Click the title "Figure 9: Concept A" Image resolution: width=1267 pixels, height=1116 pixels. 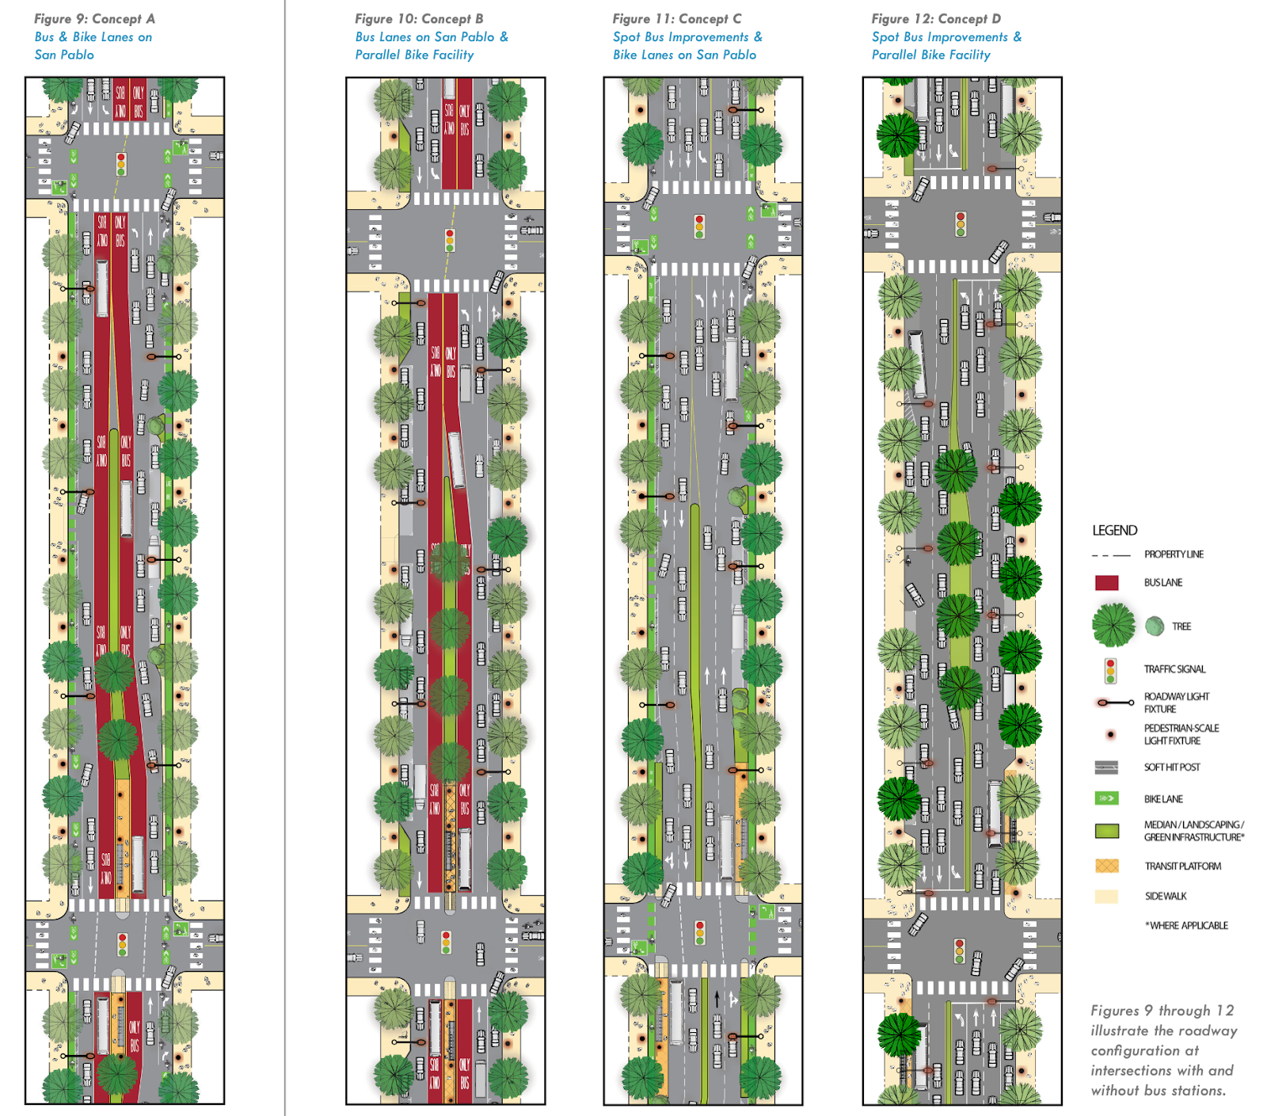94,18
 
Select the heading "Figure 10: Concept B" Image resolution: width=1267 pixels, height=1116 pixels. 418,18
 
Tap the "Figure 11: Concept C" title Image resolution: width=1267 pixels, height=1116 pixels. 676,18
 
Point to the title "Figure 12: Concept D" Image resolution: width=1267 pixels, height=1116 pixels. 935,18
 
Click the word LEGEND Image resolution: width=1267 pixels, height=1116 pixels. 1114,531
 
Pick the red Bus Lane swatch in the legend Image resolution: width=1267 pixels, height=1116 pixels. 1106,583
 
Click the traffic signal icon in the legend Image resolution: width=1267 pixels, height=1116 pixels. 1110,671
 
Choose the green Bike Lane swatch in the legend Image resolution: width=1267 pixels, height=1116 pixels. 1106,798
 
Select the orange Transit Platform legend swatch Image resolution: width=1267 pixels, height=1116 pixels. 1106,866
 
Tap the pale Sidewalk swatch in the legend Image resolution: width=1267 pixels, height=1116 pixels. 1106,897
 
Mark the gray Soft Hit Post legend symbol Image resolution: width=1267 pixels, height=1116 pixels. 1106,767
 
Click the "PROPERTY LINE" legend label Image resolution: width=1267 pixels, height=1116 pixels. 1174,554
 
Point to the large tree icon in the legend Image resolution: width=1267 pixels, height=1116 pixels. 1113,625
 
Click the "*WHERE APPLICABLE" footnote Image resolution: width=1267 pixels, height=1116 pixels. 1186,925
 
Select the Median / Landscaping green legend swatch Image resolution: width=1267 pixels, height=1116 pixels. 1106,831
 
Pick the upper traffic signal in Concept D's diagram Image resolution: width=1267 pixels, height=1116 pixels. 961,223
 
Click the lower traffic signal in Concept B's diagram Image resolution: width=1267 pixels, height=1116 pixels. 446,942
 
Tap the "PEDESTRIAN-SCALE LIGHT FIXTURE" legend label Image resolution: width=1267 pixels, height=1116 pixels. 1181,734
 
